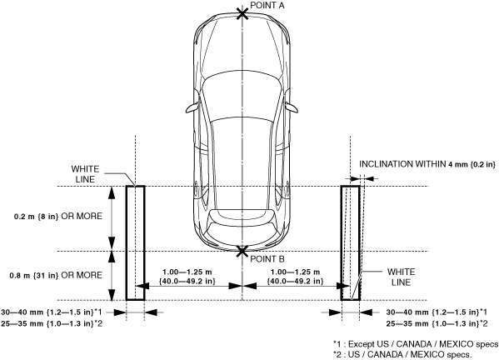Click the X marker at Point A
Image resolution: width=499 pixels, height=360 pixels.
click(242, 13)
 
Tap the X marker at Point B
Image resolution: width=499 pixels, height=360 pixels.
click(242, 251)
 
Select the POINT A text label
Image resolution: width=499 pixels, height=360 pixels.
click(267, 5)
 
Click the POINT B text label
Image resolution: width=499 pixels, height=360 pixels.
click(267, 259)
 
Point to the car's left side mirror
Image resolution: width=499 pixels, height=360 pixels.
click(192, 107)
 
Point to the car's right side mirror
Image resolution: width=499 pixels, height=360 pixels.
click(292, 107)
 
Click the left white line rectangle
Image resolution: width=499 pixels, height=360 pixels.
click(136, 242)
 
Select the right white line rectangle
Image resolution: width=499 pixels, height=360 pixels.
click(351, 242)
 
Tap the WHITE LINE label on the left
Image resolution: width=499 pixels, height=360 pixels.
click(85, 174)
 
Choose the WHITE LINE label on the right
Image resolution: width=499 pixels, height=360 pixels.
click(402, 277)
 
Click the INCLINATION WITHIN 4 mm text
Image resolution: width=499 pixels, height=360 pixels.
click(427, 164)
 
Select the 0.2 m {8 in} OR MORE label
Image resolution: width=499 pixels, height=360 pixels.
click(58, 217)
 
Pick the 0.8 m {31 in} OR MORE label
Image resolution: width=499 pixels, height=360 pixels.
click(56, 275)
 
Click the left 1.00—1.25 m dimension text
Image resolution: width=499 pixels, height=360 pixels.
click(187, 277)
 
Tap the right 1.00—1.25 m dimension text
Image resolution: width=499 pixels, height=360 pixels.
click(295, 277)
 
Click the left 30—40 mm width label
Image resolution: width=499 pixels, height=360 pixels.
click(52, 312)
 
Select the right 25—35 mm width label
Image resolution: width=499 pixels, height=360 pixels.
click(437, 324)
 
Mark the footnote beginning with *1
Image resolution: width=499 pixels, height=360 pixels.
click(416, 344)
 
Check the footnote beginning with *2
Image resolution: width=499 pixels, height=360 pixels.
click(402, 354)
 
